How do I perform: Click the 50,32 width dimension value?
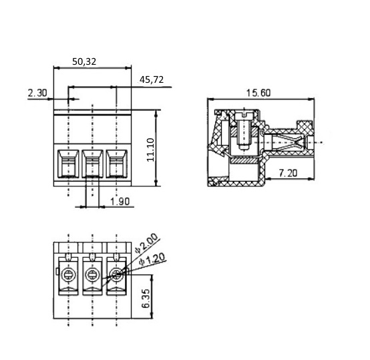pyautogui.click(x=84, y=61)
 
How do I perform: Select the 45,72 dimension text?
pyautogui.click(x=152, y=79)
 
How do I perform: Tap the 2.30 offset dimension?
pyautogui.click(x=37, y=93)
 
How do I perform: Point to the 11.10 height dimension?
pyautogui.click(x=150, y=150)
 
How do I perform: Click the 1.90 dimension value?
pyautogui.click(x=120, y=202)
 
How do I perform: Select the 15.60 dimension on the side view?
pyautogui.click(x=258, y=93)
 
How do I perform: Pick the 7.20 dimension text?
pyautogui.click(x=288, y=173)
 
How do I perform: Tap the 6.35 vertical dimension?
pyautogui.click(x=146, y=299)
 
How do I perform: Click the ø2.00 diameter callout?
pyautogui.click(x=146, y=243)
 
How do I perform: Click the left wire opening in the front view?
pyautogui.click(x=68, y=164)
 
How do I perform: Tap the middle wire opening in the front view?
pyautogui.click(x=92, y=164)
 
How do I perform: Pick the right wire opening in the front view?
pyautogui.click(x=117, y=164)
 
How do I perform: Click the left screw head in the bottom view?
pyautogui.click(x=68, y=275)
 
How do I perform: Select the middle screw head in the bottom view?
pyautogui.click(x=92, y=275)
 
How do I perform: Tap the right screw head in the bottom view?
pyautogui.click(x=116, y=275)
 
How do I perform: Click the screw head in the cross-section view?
pyautogui.click(x=244, y=116)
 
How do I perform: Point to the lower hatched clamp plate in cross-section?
pyautogui.click(x=244, y=161)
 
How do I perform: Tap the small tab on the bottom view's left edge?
pyautogui.click(x=57, y=271)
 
